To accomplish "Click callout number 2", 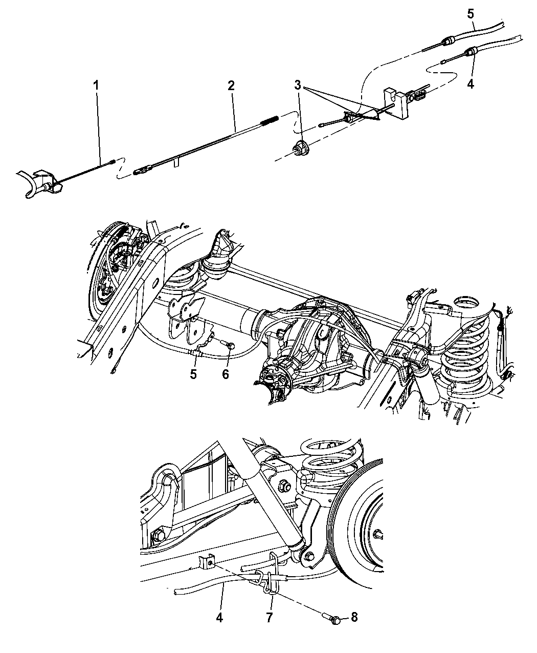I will (231, 86).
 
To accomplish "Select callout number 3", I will (298, 85).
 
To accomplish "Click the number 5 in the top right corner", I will (471, 14).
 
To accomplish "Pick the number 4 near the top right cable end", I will (471, 83).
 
